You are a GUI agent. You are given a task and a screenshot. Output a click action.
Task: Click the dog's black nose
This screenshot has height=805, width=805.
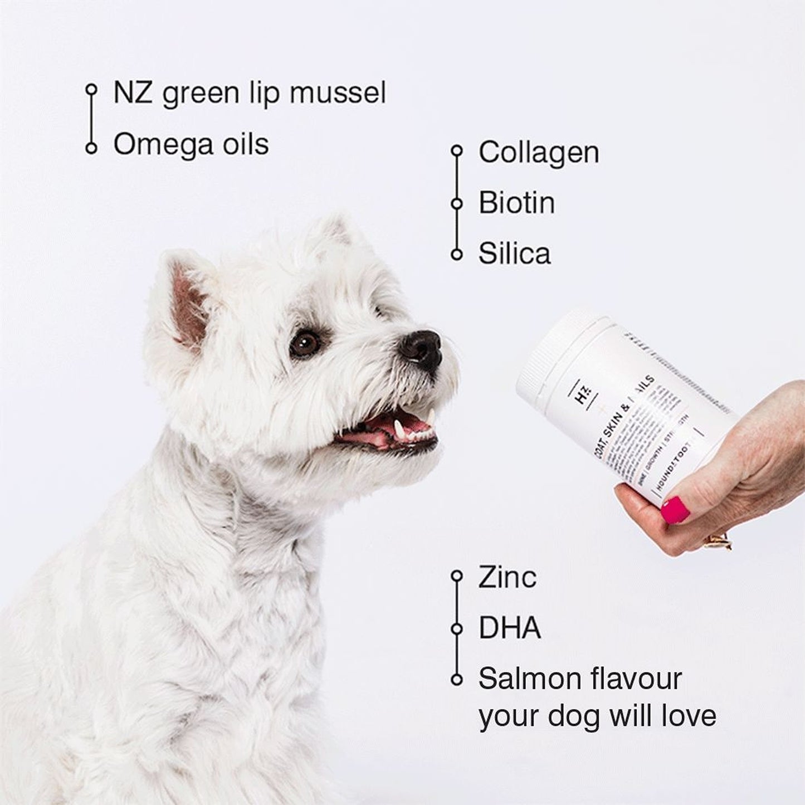422,349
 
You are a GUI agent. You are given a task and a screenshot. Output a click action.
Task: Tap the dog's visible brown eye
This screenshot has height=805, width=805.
305,343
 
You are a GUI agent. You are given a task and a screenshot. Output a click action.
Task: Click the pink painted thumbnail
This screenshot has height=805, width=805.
675,510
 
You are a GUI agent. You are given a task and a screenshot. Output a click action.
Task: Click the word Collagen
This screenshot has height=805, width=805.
539,152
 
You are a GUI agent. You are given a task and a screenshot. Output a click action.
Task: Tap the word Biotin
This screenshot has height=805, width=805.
516,203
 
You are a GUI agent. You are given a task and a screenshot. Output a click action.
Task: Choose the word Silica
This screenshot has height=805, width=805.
514,253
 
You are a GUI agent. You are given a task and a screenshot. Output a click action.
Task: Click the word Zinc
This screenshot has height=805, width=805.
507,577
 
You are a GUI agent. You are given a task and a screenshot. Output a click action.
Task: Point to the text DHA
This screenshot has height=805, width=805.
510,628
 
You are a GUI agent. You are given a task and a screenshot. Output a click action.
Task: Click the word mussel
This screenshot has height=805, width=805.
338,92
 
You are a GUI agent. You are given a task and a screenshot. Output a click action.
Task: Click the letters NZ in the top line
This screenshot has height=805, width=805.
133,92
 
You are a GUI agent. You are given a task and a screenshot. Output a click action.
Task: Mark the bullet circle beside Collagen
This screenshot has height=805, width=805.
457,150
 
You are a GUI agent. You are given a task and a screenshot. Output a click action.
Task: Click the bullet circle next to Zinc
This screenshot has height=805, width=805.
457,575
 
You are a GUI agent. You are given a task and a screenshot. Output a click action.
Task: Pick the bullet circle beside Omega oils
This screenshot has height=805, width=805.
91,148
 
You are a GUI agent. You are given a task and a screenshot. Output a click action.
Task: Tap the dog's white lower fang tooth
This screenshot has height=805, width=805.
398,430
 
